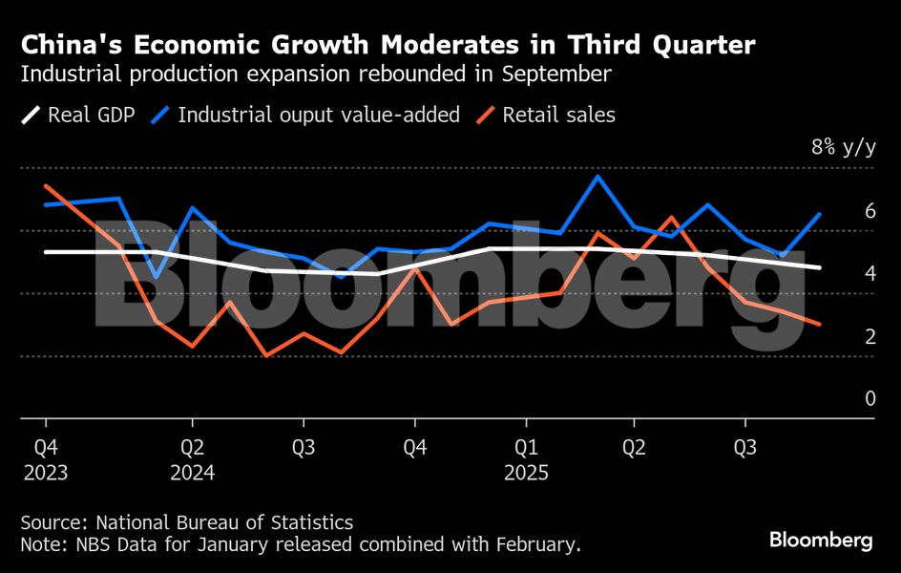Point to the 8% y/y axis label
pos(843,147)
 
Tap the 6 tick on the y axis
pos(870,211)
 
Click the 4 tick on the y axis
pos(870,274)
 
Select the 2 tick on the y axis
pos(870,336)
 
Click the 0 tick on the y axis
pos(870,398)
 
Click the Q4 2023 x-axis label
pos(46,457)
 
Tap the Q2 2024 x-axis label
pos(192,457)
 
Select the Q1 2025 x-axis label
pos(525,457)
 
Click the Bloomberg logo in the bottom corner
pos(821,541)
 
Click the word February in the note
pos(533,545)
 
